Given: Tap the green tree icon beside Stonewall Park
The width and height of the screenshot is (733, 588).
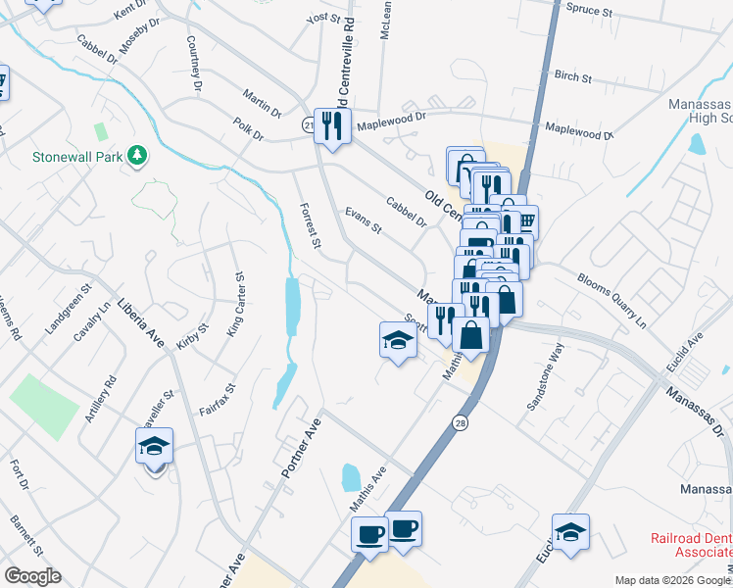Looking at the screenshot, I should coord(138,155).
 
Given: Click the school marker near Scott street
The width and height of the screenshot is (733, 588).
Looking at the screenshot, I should coord(398,341).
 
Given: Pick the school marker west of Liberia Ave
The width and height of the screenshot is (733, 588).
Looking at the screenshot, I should coord(154,447).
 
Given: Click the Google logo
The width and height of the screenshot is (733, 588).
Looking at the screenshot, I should coord(31,576).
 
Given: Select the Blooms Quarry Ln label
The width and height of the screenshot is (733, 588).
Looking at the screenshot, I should coord(612,300).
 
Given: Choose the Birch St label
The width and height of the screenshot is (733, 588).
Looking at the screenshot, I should coord(572,76).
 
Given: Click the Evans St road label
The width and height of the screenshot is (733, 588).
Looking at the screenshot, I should coord(363,220).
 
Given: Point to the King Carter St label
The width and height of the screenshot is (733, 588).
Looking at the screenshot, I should coord(235,306).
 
